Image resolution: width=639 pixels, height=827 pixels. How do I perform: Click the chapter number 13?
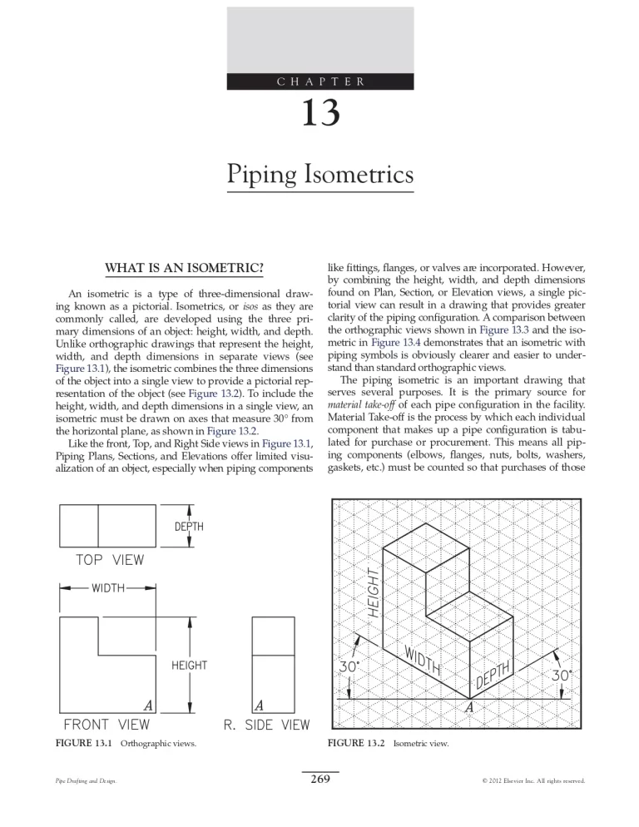(319, 111)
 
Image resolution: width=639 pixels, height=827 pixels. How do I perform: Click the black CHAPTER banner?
(319, 81)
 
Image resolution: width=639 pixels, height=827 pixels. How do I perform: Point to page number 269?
(319, 779)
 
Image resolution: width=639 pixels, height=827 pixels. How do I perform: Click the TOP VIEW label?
(110, 560)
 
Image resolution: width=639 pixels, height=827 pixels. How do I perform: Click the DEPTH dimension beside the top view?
(190, 526)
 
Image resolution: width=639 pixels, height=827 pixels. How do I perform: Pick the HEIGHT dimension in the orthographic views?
(189, 665)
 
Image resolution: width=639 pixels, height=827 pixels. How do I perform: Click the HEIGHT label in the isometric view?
(374, 590)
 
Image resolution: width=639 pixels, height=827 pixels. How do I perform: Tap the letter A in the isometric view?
(469, 706)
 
